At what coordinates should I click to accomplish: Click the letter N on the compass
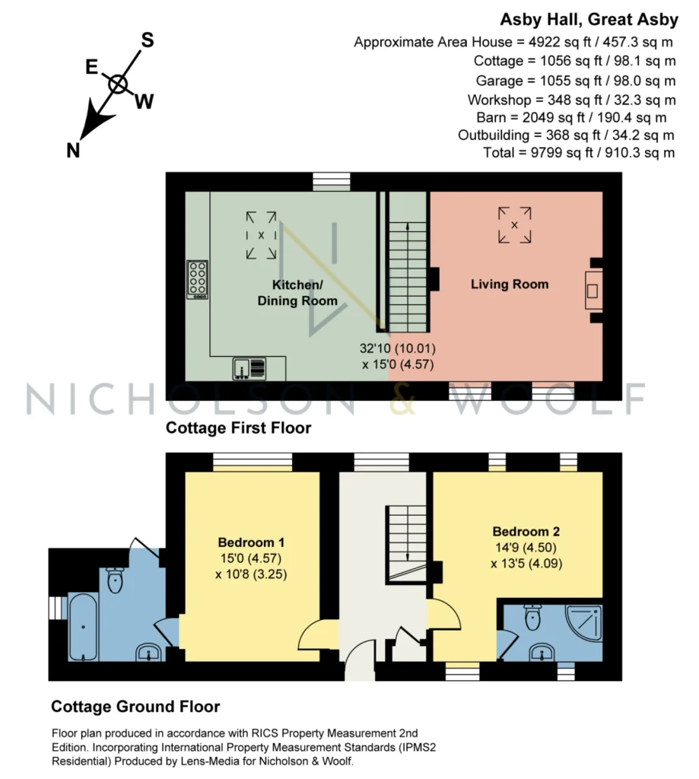[73, 150]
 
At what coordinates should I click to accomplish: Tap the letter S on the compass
[148, 40]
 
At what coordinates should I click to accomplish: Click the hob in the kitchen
[197, 280]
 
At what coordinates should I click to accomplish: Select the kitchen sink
[249, 369]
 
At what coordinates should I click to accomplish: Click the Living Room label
[510, 285]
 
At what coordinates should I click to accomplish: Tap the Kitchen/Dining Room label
[297, 293]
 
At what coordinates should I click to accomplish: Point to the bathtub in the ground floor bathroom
[83, 627]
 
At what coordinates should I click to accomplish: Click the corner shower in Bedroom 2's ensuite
[585, 622]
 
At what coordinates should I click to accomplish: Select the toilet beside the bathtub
[116, 580]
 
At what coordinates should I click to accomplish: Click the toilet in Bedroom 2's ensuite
[532, 617]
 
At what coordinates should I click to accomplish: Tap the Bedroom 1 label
[252, 542]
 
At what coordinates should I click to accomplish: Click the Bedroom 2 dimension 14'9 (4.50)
[526, 548]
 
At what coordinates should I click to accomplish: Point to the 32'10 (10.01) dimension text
[398, 348]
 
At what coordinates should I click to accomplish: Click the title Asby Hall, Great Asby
[589, 19]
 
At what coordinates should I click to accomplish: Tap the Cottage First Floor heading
[239, 428]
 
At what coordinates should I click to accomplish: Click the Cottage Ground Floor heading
[135, 707]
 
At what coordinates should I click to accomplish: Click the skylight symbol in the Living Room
[515, 225]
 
